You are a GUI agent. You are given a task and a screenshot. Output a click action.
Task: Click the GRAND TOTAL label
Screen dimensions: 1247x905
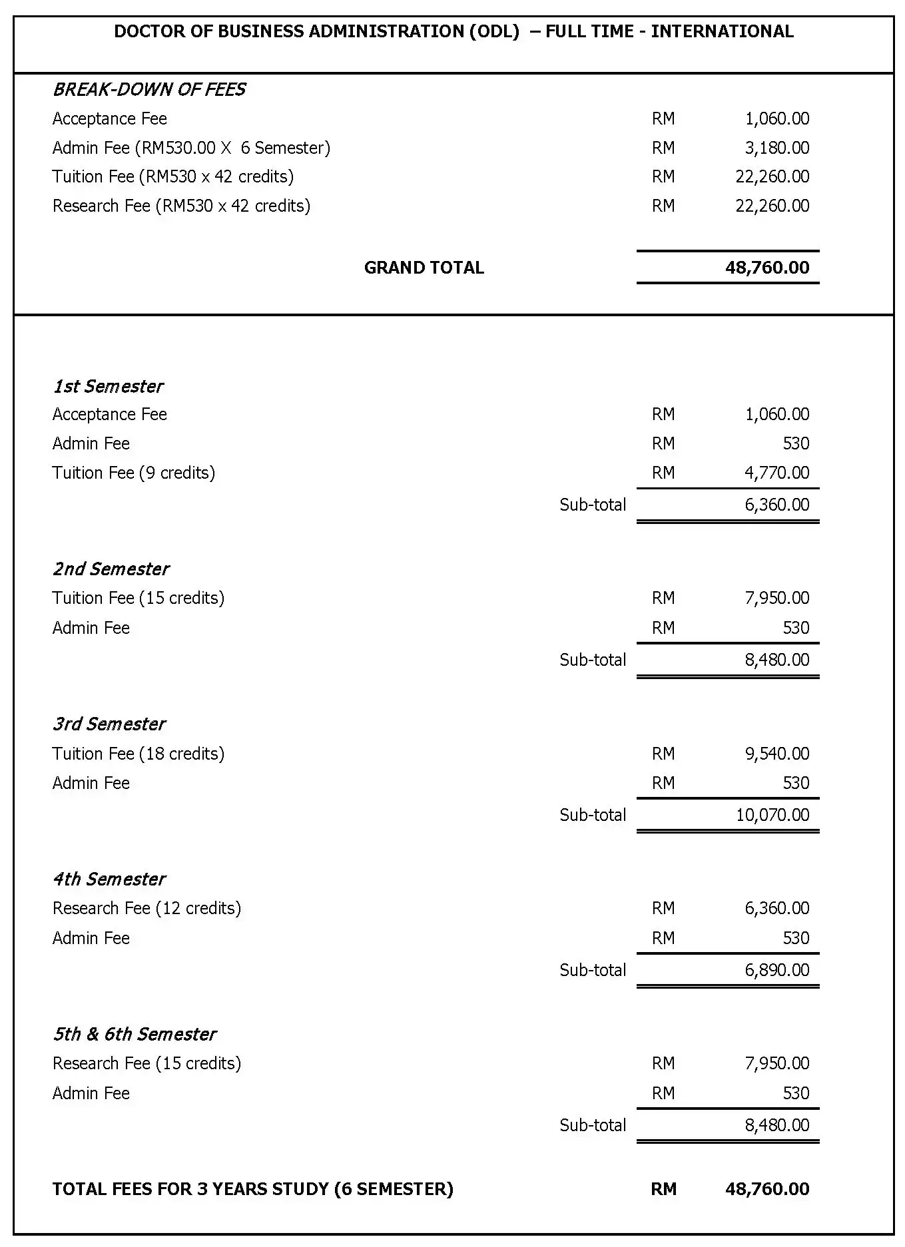[424, 268]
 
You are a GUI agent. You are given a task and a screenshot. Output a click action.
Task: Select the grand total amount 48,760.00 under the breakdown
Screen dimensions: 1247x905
[767, 268]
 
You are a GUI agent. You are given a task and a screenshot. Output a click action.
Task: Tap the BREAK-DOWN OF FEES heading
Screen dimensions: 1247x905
[149, 89]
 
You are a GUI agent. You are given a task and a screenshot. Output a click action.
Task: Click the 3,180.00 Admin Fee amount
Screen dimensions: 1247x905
[777, 148]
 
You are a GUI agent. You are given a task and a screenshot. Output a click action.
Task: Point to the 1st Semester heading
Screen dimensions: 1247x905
[108, 386]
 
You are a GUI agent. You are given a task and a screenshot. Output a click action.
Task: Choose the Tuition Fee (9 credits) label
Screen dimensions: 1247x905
[134, 473]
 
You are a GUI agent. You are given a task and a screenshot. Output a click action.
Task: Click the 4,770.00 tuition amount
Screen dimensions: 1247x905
[777, 473]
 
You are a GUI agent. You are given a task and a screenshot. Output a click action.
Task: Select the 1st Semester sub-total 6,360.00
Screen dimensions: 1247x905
[777, 505]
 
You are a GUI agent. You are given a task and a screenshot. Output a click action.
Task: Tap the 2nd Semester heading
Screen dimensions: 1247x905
[111, 569]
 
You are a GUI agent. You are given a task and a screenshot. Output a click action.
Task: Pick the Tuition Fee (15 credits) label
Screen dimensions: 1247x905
[139, 598]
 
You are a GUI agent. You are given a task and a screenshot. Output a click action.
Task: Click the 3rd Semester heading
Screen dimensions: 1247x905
[109, 724]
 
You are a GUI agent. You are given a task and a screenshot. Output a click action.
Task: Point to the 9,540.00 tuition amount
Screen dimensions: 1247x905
[777, 754]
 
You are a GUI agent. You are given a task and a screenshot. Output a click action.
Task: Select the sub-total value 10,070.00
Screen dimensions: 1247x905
[772, 815]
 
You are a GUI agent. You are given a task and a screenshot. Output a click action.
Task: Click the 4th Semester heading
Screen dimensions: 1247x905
[109, 879]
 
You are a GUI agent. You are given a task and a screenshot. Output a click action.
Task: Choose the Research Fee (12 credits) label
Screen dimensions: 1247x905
[147, 908]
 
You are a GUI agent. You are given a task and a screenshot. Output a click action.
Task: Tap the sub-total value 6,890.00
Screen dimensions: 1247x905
[777, 970]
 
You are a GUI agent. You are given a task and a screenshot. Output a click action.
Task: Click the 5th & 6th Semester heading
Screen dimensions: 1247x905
[135, 1034]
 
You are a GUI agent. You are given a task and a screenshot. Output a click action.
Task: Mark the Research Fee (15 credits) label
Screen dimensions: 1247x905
[147, 1063]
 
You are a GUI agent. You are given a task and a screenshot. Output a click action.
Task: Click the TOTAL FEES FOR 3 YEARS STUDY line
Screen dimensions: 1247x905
[253, 1189]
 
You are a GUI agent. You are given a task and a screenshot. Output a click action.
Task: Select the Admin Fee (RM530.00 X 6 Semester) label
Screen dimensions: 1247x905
[191, 148]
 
